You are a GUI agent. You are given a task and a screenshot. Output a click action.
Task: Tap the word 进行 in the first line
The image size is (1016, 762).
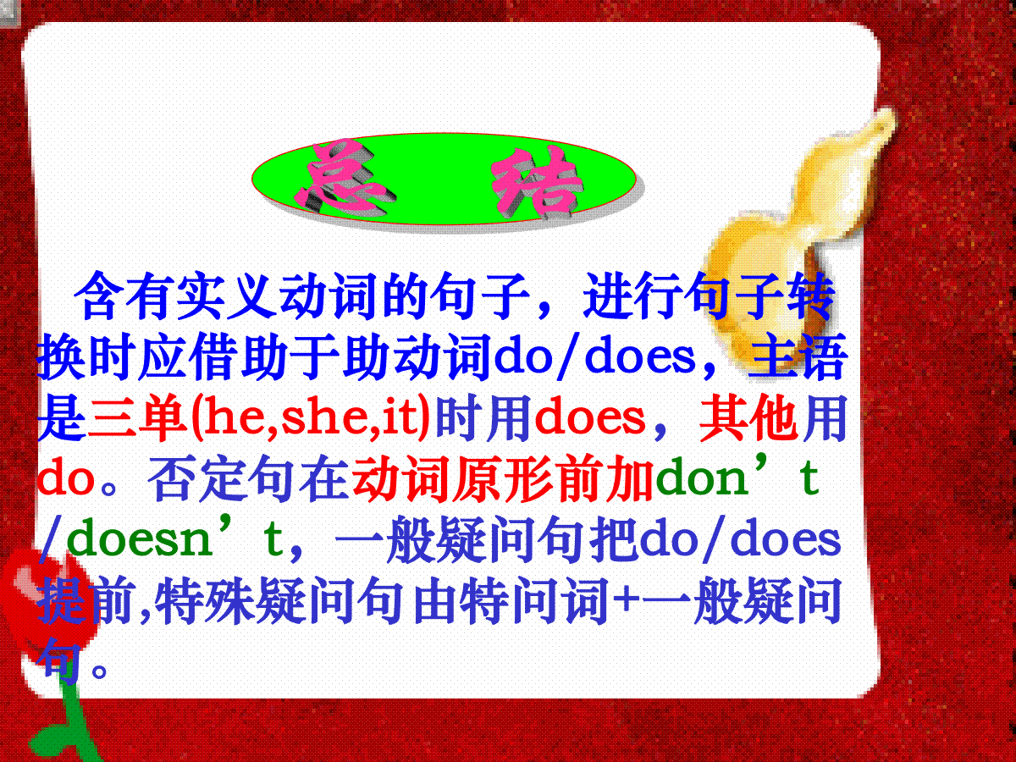tap(632, 296)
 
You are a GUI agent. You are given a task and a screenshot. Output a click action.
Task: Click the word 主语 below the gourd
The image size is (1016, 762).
tap(798, 356)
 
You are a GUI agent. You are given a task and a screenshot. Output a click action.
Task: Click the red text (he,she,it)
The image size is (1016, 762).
tap(311, 417)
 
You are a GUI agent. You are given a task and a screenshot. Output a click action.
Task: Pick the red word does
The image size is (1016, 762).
tap(589, 417)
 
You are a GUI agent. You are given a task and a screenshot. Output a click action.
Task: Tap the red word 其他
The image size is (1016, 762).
tap(748, 417)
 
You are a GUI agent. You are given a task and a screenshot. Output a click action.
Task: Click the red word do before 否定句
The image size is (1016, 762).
tap(66, 478)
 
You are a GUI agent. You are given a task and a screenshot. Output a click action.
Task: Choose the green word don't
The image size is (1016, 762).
tap(737, 477)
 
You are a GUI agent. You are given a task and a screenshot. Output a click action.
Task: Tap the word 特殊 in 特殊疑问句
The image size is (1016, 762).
tap(205, 600)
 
